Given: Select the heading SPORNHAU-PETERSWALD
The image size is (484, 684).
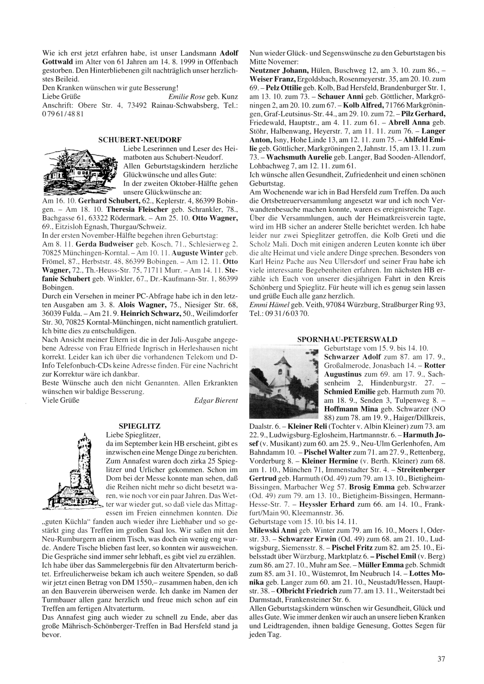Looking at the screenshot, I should point(348,340).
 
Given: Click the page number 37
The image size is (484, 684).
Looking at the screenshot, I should point(440,658).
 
